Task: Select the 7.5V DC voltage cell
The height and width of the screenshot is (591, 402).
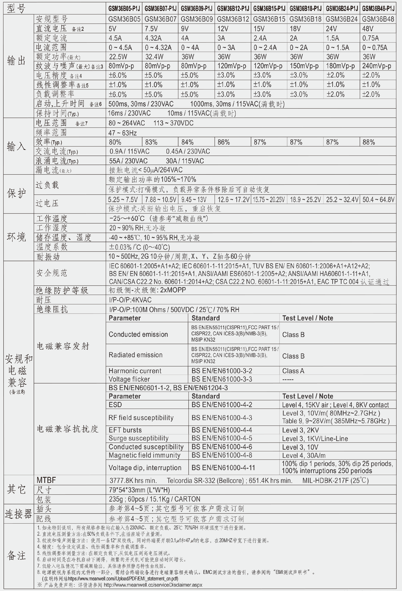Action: click(x=151, y=29)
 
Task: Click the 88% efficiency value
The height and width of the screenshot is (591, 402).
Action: click(x=368, y=142)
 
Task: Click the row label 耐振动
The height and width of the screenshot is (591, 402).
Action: click(x=48, y=257)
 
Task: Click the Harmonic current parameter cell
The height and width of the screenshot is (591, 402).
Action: click(x=135, y=371)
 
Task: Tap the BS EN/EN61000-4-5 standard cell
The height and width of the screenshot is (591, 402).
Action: click(x=222, y=438)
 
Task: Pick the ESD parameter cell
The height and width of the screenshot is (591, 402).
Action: click(x=115, y=405)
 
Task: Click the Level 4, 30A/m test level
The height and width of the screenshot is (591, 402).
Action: click(x=304, y=455)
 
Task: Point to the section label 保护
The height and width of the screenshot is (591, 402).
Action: click(x=17, y=194)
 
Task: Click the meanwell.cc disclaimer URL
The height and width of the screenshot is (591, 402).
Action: click(x=153, y=585)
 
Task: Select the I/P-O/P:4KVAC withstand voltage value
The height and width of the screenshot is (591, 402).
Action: click(x=130, y=300)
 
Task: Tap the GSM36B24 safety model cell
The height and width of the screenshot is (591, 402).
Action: click(x=341, y=19)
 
